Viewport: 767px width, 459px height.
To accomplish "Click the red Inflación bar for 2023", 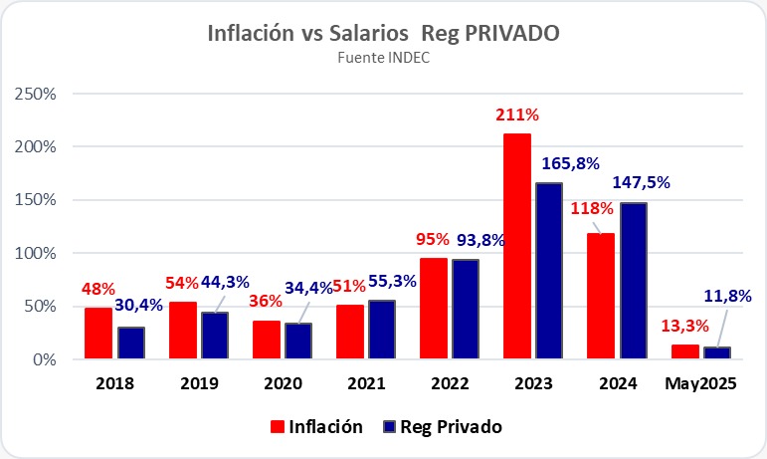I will (516, 246).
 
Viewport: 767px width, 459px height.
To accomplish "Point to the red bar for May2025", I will (684, 351).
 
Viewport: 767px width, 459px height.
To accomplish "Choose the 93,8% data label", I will (474, 240).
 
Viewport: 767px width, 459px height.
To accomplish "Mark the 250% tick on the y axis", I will (39, 93).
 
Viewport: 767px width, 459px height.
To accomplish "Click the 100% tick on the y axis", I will (39, 253).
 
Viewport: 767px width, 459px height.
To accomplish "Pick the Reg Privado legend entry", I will (443, 426).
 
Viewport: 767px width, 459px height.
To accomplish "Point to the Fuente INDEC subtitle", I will (383, 57).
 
